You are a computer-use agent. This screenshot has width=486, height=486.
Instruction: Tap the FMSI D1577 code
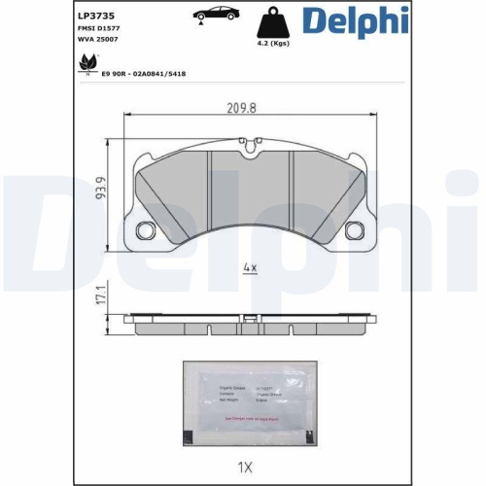point(98,31)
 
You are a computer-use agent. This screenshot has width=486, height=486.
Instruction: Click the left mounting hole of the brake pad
point(148,231)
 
